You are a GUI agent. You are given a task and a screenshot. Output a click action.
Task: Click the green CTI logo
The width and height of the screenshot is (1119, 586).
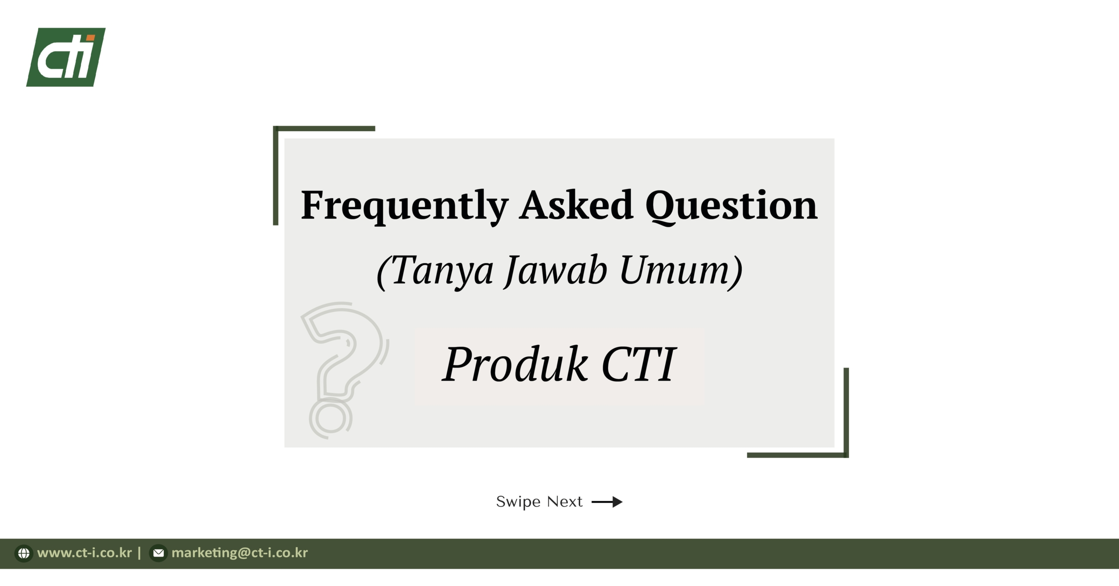point(66,57)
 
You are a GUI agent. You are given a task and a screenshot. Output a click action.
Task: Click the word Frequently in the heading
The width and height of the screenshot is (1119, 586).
point(404,206)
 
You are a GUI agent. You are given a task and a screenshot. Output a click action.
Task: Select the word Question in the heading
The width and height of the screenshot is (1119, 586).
point(731,206)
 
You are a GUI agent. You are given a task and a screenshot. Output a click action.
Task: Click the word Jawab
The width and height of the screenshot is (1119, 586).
point(556,271)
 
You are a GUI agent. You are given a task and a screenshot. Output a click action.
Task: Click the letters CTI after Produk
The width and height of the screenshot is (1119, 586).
point(639,364)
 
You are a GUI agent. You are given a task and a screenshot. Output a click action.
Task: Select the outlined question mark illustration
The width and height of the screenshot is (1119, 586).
point(345,371)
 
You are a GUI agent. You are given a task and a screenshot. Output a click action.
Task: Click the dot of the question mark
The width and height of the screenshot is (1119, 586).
point(331,418)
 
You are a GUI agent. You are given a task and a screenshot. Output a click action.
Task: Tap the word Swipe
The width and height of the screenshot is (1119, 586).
point(518,502)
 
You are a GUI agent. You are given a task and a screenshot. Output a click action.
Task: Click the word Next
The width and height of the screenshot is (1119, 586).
point(565,502)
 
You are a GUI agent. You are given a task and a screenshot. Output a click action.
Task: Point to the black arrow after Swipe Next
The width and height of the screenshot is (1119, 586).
point(607,502)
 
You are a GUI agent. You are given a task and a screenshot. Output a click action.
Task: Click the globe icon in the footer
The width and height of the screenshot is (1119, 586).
point(24,553)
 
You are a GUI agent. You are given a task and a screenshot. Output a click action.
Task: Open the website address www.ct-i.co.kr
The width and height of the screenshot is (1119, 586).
point(84,553)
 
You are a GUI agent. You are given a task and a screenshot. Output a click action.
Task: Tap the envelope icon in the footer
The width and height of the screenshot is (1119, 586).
point(158,553)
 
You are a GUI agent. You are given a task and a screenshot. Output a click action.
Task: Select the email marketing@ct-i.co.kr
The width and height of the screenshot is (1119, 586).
point(240,553)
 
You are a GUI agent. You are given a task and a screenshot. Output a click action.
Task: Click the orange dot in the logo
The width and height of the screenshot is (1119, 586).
point(91,39)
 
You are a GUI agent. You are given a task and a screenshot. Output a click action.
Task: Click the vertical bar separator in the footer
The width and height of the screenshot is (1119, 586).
point(139,553)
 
